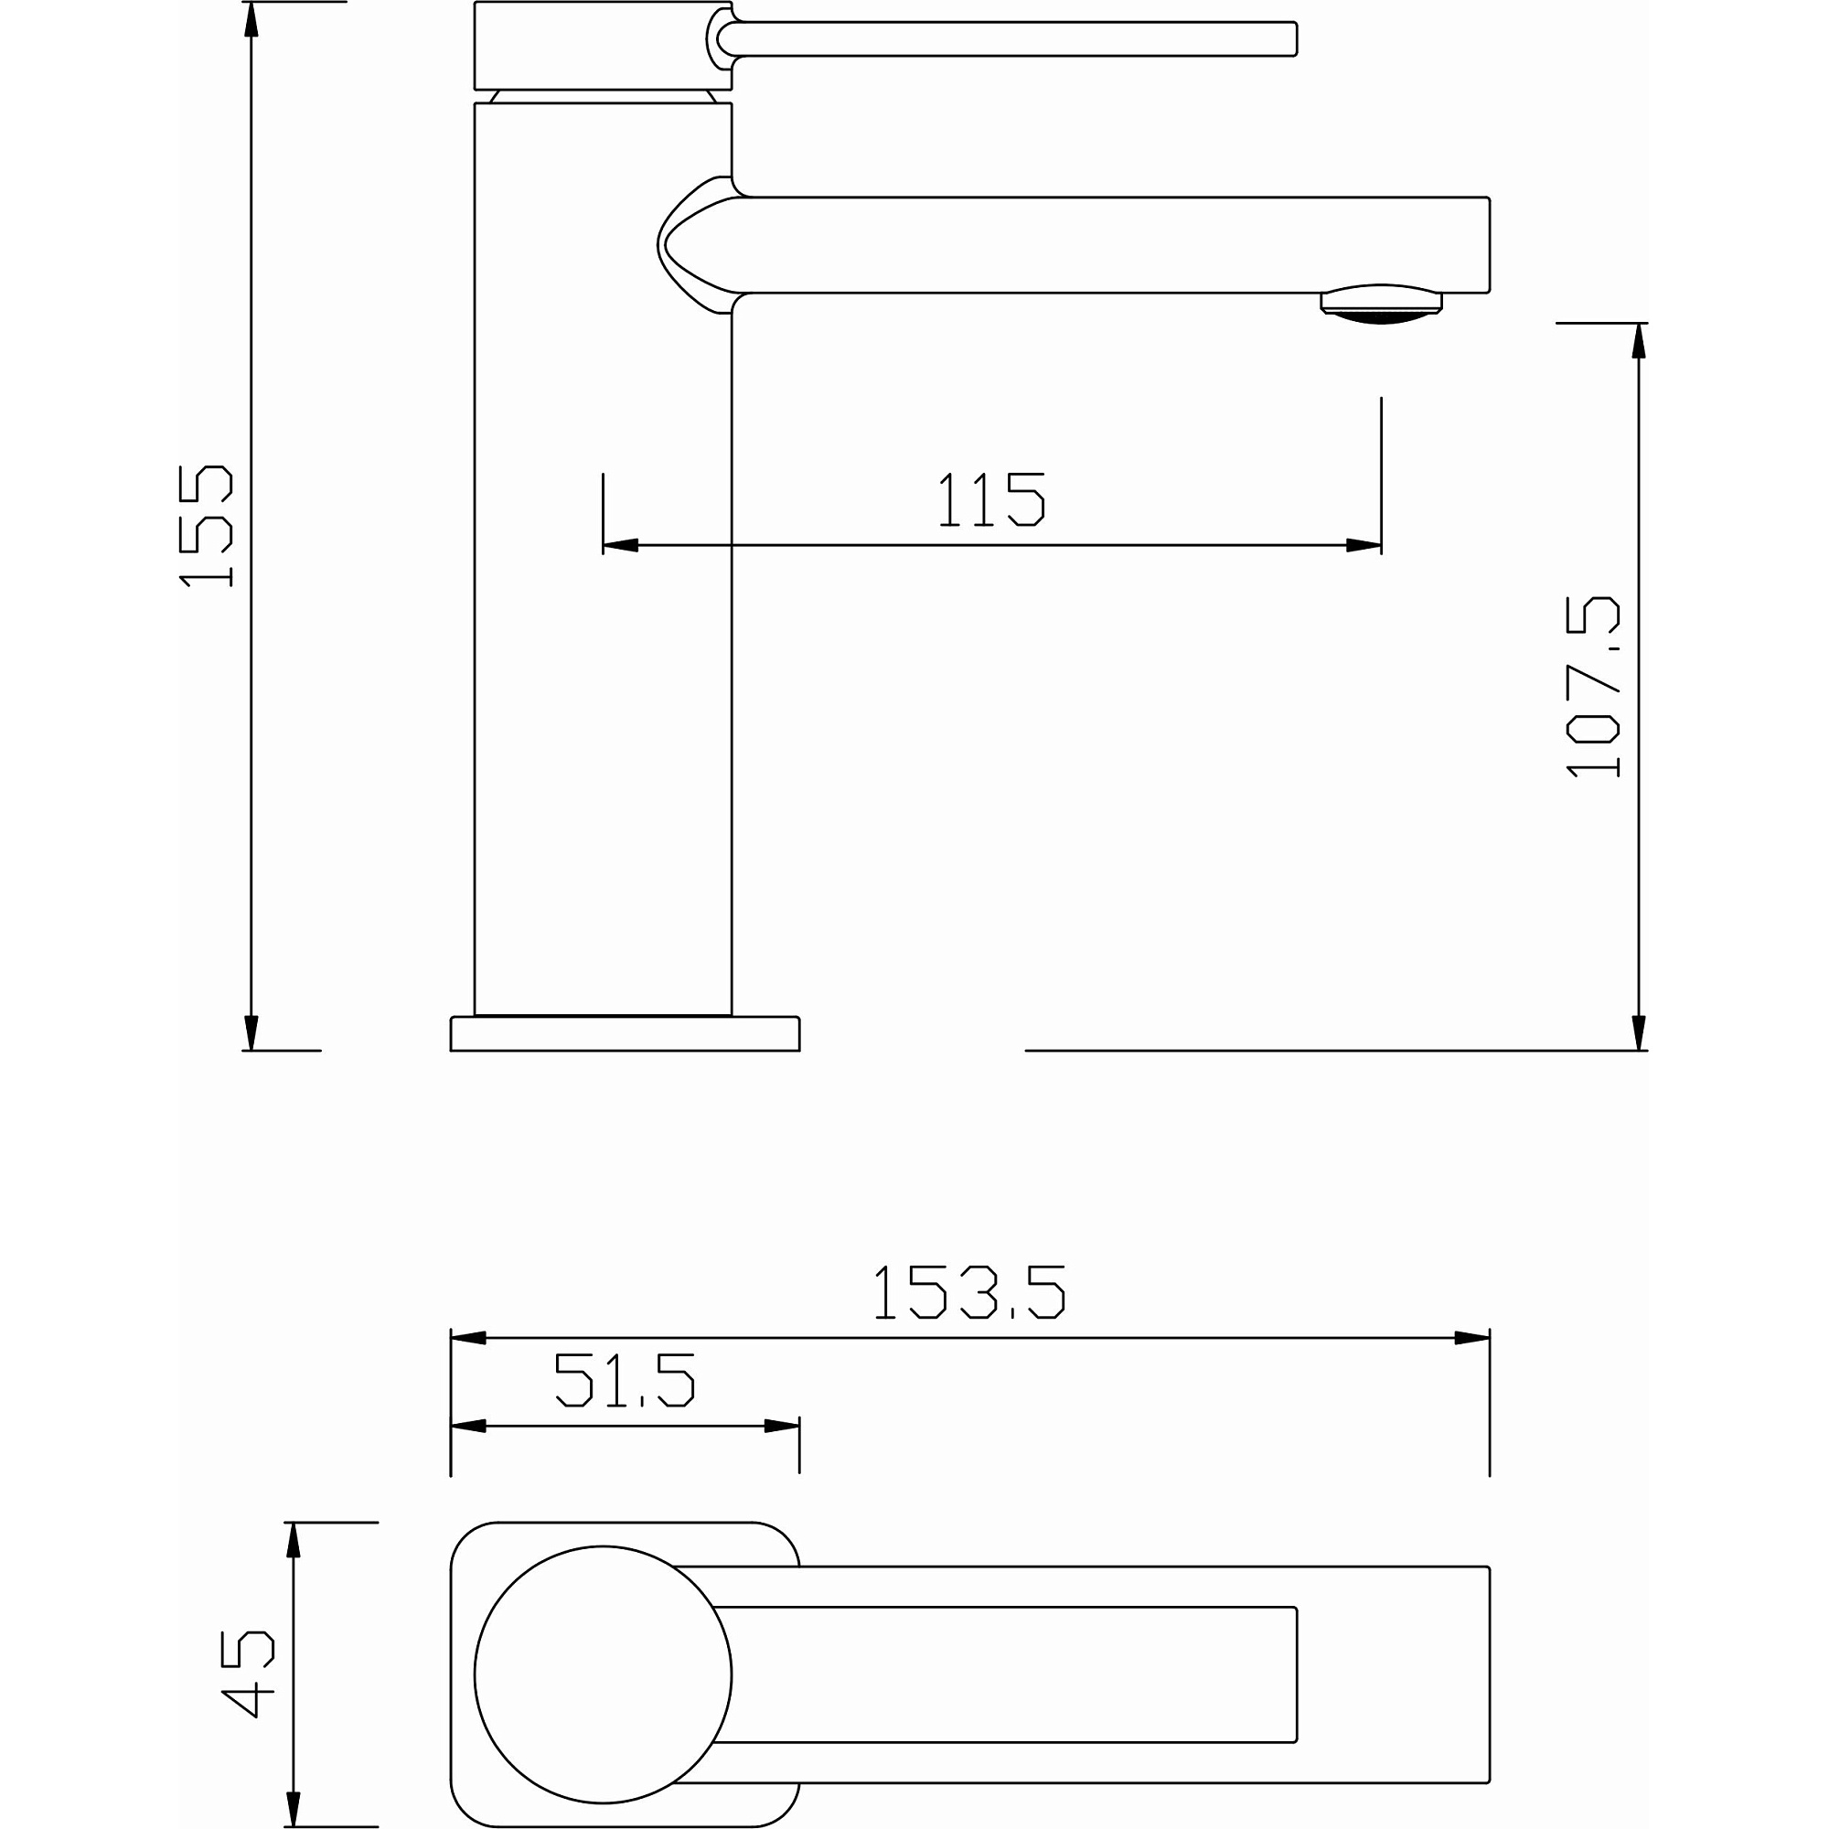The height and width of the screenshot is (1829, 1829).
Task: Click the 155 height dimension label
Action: (x=206, y=526)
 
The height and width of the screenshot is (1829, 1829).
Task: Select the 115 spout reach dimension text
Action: (x=991, y=499)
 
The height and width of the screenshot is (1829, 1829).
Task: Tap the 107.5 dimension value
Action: (x=1593, y=687)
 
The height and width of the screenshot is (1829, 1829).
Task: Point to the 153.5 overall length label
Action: (x=969, y=1292)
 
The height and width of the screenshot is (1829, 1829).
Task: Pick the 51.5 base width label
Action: (x=625, y=1379)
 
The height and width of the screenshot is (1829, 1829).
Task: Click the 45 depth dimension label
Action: (x=247, y=1674)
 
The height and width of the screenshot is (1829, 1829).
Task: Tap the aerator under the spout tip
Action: (x=1381, y=304)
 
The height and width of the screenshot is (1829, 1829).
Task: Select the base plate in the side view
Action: (x=625, y=1032)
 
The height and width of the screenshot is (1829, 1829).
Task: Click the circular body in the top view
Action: (x=603, y=1674)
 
